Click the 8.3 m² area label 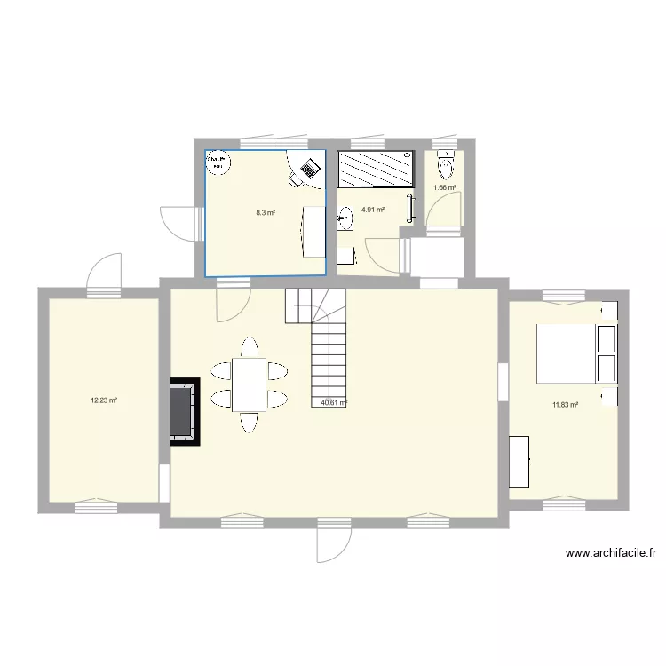pyautogui.click(x=266, y=213)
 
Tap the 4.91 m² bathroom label pyautogui.click(x=373, y=210)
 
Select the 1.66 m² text pyautogui.click(x=444, y=187)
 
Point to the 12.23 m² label pyautogui.click(x=104, y=400)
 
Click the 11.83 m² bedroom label pyautogui.click(x=566, y=405)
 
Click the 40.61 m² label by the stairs pyautogui.click(x=333, y=402)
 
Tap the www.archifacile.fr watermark pyautogui.click(x=611, y=553)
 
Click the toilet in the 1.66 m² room pyautogui.click(x=446, y=166)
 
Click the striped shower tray pyautogui.click(x=375, y=169)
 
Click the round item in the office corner pyautogui.click(x=218, y=163)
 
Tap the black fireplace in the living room pyautogui.click(x=185, y=411)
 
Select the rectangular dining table pyautogui.click(x=250, y=385)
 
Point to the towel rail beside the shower pyautogui.click(x=409, y=207)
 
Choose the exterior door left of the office pyautogui.click(x=176, y=222)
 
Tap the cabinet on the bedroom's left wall pyautogui.click(x=519, y=461)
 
